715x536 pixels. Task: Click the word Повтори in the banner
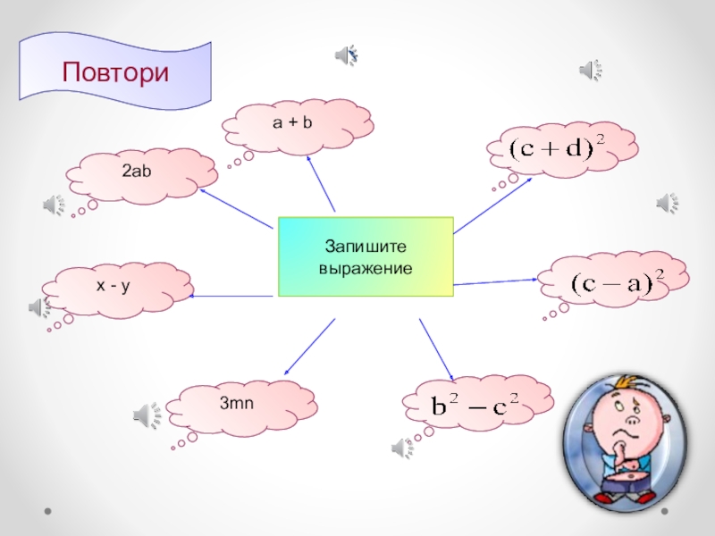[115, 71]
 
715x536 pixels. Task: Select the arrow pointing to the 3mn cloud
[309, 347]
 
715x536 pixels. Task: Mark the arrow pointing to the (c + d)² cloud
[492, 203]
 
